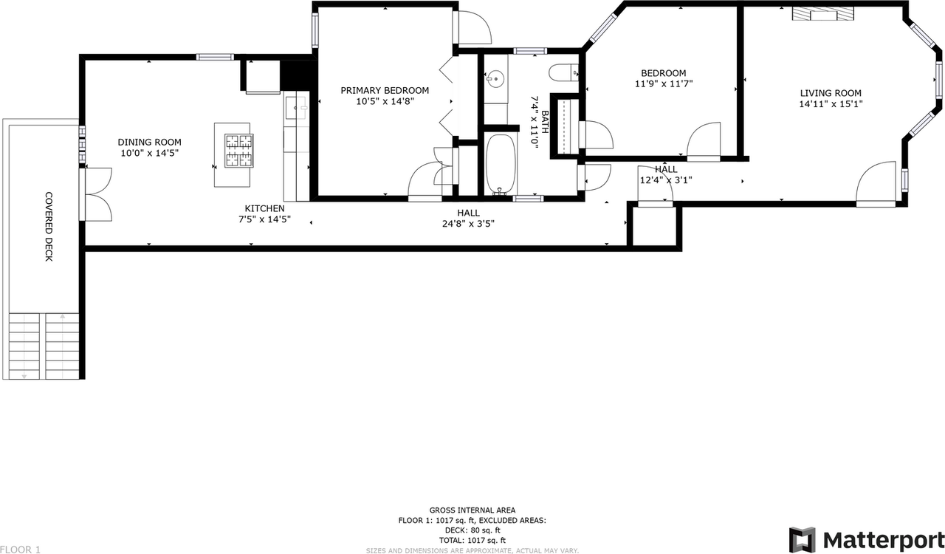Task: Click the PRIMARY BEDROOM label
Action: click(384, 90)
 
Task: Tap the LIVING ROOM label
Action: click(831, 93)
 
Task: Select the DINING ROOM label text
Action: click(149, 143)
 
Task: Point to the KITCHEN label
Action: click(264, 209)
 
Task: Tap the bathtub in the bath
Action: click(501, 165)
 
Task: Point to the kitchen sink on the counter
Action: click(299, 108)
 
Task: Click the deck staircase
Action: click(44, 345)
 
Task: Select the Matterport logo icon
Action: click(803, 539)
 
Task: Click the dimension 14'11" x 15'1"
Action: click(831, 104)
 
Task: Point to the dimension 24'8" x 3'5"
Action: click(464, 223)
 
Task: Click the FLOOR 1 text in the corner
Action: click(20, 549)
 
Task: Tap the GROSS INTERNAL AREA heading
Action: click(472, 510)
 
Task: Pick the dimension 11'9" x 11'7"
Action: click(663, 84)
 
